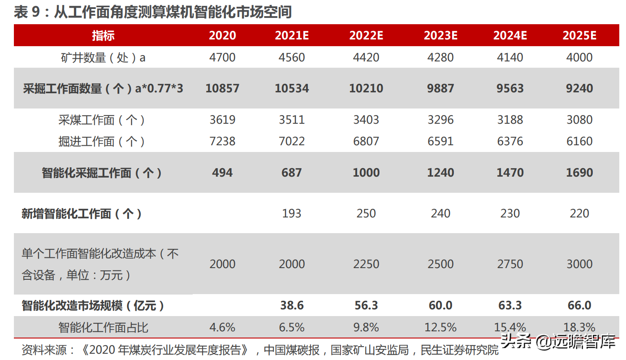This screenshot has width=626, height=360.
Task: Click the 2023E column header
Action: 440,35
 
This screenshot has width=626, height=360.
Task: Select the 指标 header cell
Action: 103,35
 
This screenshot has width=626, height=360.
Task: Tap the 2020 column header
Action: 222,35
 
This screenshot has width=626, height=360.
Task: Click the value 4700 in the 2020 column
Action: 222,57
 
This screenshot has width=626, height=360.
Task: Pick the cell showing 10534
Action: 292,88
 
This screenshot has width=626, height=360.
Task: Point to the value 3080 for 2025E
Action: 579,120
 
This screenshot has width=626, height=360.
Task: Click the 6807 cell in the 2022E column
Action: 366,141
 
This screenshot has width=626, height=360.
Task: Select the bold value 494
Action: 222,173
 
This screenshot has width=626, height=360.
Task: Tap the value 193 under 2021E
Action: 292,213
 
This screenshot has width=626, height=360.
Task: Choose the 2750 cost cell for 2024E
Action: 510,264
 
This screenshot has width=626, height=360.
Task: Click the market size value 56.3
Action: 366,306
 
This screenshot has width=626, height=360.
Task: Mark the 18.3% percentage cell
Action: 579,327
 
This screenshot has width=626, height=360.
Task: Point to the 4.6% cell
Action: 222,327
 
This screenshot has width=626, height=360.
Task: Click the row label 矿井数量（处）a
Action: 103,57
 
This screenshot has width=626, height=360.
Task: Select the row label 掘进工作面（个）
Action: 102,141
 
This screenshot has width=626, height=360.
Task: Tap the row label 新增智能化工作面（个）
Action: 82,213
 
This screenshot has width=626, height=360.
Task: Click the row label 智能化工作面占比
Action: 103,327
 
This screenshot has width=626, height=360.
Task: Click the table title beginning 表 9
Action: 152,12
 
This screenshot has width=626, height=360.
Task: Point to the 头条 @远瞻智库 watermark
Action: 558,343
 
